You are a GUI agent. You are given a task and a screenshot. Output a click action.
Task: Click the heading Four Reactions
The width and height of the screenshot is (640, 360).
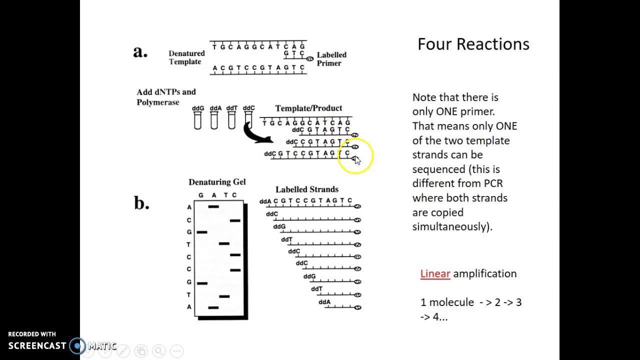[x=473, y=44]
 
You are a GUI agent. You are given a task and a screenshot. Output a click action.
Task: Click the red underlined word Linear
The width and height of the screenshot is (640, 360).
[x=435, y=273]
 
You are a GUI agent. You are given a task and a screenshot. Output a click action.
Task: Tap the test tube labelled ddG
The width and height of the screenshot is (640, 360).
[x=197, y=120]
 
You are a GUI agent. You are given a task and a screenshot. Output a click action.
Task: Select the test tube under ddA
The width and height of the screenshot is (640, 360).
[x=214, y=120]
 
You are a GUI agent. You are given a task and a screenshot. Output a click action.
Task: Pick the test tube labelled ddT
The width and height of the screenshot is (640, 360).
[x=231, y=120]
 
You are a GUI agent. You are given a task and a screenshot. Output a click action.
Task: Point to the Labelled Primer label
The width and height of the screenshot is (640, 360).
[x=331, y=59]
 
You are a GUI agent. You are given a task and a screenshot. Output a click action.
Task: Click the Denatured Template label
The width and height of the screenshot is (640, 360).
[x=186, y=57]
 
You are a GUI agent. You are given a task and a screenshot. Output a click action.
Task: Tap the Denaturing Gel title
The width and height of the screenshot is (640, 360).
[x=217, y=182]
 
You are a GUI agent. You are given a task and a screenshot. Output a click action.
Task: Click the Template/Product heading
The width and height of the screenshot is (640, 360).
[x=308, y=108]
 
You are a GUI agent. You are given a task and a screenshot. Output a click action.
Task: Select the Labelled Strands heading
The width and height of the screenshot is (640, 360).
[x=307, y=189]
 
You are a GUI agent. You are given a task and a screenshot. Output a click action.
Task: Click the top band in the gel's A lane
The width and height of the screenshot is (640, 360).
[x=213, y=206]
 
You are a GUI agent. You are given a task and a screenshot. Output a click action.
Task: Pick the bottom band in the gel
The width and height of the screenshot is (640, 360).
[x=213, y=307]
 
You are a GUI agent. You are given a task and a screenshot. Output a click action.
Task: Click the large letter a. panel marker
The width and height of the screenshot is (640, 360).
[x=140, y=51]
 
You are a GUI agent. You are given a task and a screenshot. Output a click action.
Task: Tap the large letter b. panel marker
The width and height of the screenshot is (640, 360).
[x=141, y=203]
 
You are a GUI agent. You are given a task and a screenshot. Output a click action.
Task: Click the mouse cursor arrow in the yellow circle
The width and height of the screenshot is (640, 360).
[x=357, y=160]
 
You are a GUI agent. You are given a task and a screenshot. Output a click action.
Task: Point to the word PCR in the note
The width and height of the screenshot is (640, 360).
[x=493, y=183]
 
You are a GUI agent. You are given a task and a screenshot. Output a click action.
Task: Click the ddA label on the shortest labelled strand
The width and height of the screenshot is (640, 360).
[x=324, y=302]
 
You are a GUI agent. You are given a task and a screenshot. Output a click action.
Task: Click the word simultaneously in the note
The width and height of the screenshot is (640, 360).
[x=452, y=226]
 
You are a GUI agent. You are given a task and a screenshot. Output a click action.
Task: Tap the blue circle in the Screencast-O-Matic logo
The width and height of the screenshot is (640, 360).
[x=77, y=346]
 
